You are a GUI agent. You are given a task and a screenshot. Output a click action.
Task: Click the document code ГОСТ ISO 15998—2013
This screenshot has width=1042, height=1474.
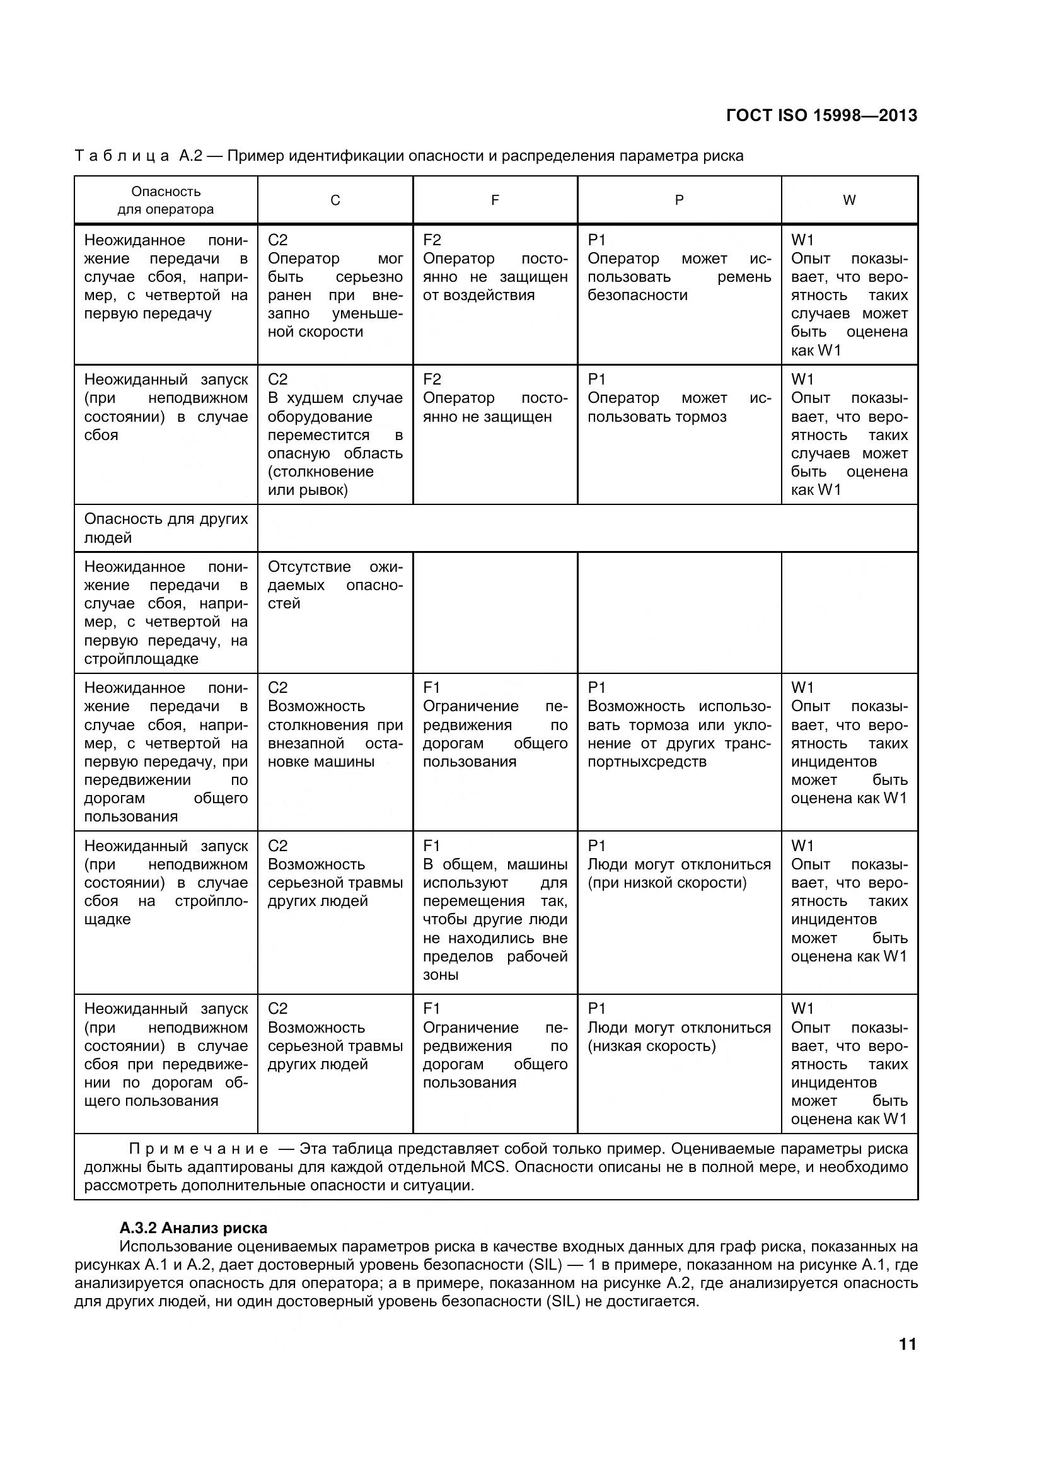(x=821, y=115)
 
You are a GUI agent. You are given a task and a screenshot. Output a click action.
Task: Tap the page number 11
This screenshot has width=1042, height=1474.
(x=907, y=1344)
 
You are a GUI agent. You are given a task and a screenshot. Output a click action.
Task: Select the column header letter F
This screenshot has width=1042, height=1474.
(x=494, y=200)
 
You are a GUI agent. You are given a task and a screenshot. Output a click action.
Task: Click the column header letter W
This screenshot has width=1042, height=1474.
(x=848, y=200)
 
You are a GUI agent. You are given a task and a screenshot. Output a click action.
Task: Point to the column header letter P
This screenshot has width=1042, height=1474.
(x=679, y=200)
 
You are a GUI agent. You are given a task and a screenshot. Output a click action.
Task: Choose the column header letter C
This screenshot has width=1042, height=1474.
(x=335, y=200)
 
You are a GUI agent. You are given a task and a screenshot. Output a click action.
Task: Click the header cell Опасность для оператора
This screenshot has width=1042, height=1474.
(x=166, y=200)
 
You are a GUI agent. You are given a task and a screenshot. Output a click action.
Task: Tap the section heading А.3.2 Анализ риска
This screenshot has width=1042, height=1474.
(x=194, y=1228)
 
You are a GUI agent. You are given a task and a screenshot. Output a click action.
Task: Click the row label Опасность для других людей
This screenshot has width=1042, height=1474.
(x=166, y=528)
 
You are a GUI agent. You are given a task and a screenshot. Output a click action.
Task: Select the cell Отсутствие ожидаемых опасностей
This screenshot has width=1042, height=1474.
(x=335, y=585)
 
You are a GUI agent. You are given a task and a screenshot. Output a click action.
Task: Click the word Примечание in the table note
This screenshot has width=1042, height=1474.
(x=199, y=1149)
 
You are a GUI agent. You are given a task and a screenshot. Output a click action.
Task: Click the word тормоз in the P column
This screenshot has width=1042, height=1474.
(x=701, y=417)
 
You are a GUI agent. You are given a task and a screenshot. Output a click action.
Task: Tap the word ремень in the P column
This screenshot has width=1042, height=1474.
(x=744, y=277)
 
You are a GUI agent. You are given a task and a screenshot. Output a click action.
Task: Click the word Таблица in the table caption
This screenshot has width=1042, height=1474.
(x=122, y=155)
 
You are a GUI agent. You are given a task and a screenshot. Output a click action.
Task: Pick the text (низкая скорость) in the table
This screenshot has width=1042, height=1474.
(x=651, y=1046)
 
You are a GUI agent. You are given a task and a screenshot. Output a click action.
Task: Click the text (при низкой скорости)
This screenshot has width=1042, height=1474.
(x=667, y=883)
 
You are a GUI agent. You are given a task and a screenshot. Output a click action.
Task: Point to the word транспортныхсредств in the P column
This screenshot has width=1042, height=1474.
(x=647, y=762)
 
